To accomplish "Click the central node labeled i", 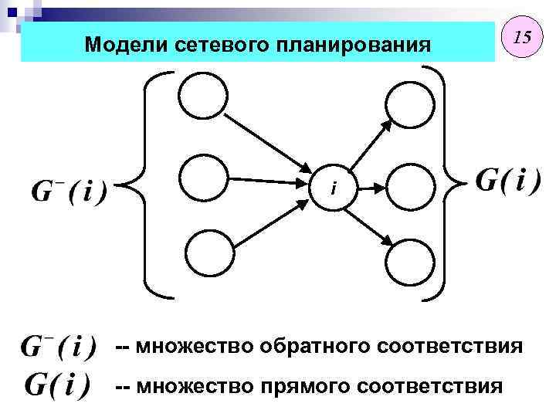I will point(334,186).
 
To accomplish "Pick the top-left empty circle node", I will point(204,98).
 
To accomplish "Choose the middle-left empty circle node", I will point(204,180).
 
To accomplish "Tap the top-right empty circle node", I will point(409,102).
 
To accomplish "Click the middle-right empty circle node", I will point(409,186).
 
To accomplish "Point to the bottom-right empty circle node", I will point(409,262).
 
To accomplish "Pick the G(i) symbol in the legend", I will point(59,384).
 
